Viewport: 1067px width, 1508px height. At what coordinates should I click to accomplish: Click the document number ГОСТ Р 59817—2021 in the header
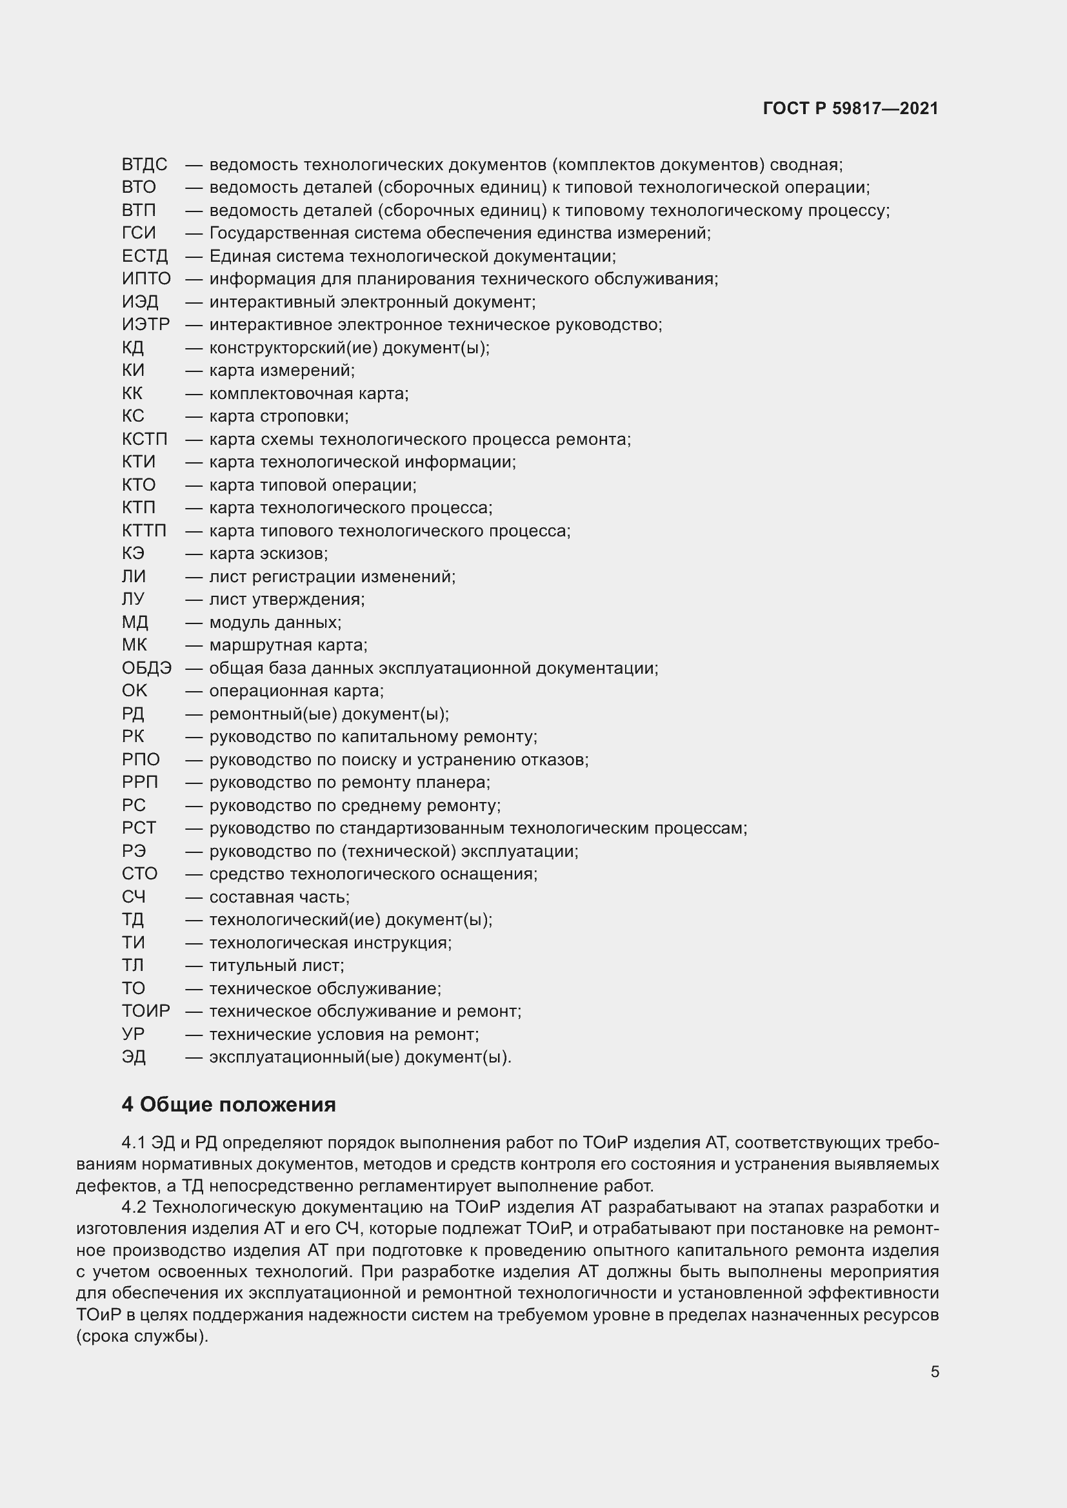(x=850, y=108)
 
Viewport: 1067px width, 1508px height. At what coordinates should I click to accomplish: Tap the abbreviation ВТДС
(x=145, y=164)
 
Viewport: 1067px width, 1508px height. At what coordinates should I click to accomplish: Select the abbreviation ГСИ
(x=139, y=233)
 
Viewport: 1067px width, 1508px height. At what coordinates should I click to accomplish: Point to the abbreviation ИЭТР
(x=146, y=324)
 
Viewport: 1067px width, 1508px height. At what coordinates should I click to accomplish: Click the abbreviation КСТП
(x=145, y=439)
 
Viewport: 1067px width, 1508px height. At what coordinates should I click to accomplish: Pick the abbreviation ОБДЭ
(x=146, y=668)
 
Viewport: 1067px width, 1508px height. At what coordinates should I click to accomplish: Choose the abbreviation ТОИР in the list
(x=146, y=1011)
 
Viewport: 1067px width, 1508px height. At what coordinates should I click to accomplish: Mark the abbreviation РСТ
(x=139, y=828)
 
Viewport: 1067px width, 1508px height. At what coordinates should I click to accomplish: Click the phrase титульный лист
(x=276, y=966)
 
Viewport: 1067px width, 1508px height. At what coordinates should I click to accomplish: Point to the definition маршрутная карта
(x=288, y=645)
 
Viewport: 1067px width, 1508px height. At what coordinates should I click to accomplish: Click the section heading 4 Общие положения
(x=228, y=1105)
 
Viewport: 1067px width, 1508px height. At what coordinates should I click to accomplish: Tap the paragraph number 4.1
(x=134, y=1143)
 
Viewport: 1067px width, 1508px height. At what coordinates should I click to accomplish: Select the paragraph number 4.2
(x=134, y=1207)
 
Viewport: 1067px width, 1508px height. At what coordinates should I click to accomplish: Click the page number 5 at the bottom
(x=934, y=1371)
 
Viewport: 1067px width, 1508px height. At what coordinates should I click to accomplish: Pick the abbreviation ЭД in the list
(x=134, y=1057)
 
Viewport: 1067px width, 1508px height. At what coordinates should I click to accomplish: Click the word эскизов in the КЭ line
(x=294, y=554)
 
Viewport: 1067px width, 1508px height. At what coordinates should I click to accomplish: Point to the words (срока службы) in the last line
(x=142, y=1337)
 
